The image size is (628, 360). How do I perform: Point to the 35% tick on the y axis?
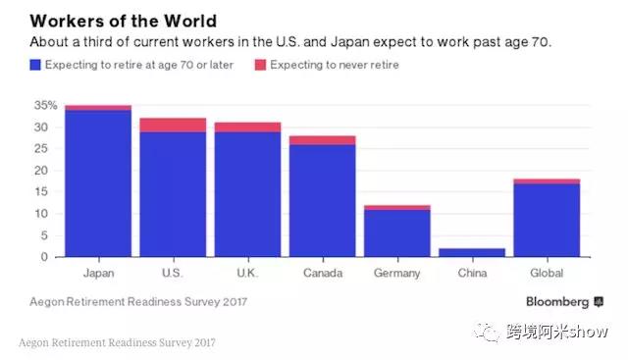point(45,105)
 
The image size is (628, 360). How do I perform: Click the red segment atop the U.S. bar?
point(173,125)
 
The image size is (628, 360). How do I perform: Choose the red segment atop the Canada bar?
point(322,140)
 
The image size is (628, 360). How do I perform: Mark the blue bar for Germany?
point(396,233)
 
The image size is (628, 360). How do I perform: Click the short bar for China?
point(471,252)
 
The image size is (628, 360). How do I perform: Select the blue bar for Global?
point(547,221)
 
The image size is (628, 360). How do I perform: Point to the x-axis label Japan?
point(98,274)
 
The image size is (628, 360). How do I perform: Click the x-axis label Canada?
point(322,274)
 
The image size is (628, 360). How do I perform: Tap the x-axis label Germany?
point(396,274)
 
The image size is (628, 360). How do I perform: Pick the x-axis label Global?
point(547,274)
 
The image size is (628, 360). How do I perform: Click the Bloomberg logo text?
point(555,301)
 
